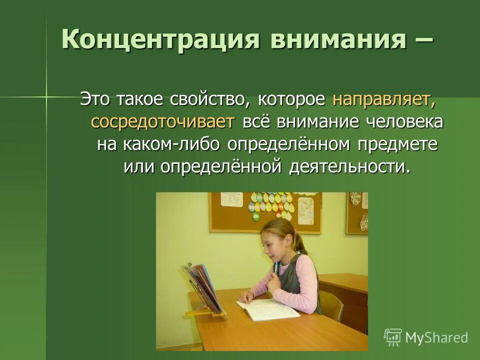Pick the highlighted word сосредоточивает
pos(162,122)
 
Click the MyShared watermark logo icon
pos(392,337)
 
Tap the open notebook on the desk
pos(267,309)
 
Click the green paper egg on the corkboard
pos(256,216)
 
